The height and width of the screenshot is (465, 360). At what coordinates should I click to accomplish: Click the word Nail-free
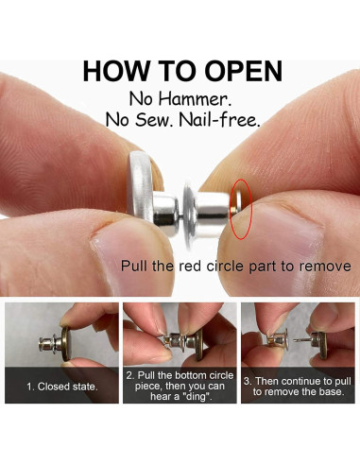point(219,120)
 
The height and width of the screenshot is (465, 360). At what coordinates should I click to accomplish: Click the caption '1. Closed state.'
point(62,387)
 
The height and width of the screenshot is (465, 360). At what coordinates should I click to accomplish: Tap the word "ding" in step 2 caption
point(196,396)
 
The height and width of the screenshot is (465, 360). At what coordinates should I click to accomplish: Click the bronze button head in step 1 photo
point(66,343)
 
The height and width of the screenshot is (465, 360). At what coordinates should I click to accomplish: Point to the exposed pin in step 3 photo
point(301,340)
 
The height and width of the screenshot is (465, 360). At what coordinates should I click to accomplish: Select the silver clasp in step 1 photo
point(50,344)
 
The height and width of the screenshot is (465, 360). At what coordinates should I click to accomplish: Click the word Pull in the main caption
point(134,267)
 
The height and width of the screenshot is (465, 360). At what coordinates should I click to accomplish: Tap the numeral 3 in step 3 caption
point(247,382)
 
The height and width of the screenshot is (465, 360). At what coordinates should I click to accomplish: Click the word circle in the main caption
point(225,267)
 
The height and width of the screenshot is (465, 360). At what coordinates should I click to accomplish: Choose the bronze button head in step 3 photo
point(323,345)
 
